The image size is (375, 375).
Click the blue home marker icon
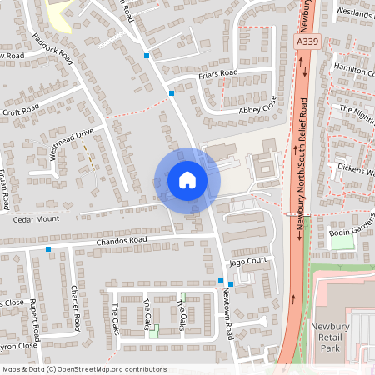pyautogui.click(x=187, y=179)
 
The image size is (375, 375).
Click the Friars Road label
pyautogui.click(x=218, y=74)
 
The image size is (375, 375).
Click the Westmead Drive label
pyautogui.click(x=71, y=142)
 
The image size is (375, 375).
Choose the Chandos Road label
pyautogui.click(x=122, y=240)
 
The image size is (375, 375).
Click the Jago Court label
pyautogui.click(x=247, y=261)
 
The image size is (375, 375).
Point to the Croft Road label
pyautogui.click(x=21, y=110)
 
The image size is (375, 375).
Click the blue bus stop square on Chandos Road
pyautogui.click(x=48, y=249)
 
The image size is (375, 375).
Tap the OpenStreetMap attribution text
pyautogui.click(x=84, y=369)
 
